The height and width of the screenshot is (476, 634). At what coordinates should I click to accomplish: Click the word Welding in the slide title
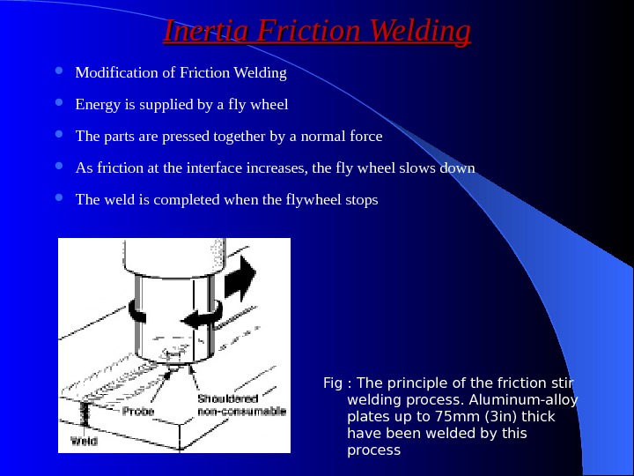[x=421, y=32]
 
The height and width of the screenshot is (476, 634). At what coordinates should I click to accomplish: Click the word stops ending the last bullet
[x=360, y=199]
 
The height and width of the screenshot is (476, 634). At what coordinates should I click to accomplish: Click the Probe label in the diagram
[x=137, y=412]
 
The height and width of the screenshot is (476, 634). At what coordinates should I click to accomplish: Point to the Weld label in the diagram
[x=84, y=440]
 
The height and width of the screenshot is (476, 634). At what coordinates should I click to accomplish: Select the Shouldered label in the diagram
[x=227, y=398]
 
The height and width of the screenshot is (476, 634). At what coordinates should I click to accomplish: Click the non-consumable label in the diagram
[x=241, y=412]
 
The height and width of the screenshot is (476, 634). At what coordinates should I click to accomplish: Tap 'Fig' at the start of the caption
[x=333, y=383]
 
